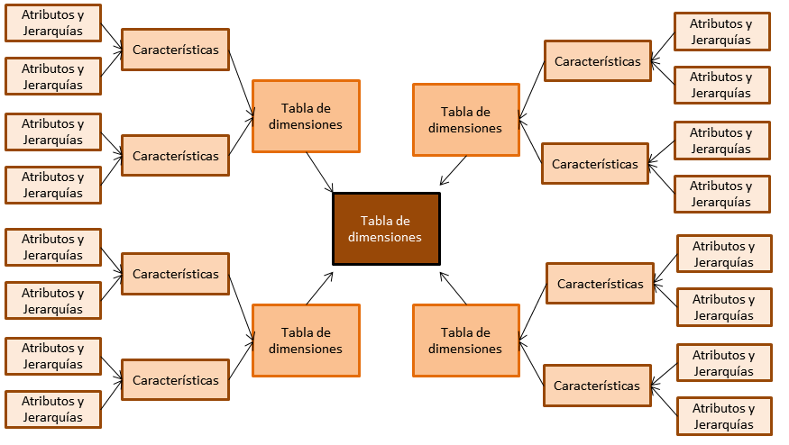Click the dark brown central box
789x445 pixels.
coord(386,229)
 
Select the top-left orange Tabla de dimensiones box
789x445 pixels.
coord(306,116)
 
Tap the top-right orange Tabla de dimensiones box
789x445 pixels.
coord(465,120)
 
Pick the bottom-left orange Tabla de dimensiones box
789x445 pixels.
coord(306,341)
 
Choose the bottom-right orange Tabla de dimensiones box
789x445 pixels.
coord(465,341)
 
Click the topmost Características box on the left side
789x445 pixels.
coord(175,50)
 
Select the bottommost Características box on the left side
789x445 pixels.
coord(175,380)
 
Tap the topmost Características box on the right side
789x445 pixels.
coord(597,61)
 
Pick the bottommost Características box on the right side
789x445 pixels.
coord(597,386)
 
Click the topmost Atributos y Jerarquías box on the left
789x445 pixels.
coord(52,23)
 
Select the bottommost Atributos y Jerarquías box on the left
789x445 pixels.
coord(52,409)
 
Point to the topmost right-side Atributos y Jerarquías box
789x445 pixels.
coord(721,32)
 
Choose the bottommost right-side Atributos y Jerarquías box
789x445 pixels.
coord(723,417)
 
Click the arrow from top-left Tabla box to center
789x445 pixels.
coord(319,172)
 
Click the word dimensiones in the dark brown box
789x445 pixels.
coord(385,238)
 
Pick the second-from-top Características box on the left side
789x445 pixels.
coord(175,156)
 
